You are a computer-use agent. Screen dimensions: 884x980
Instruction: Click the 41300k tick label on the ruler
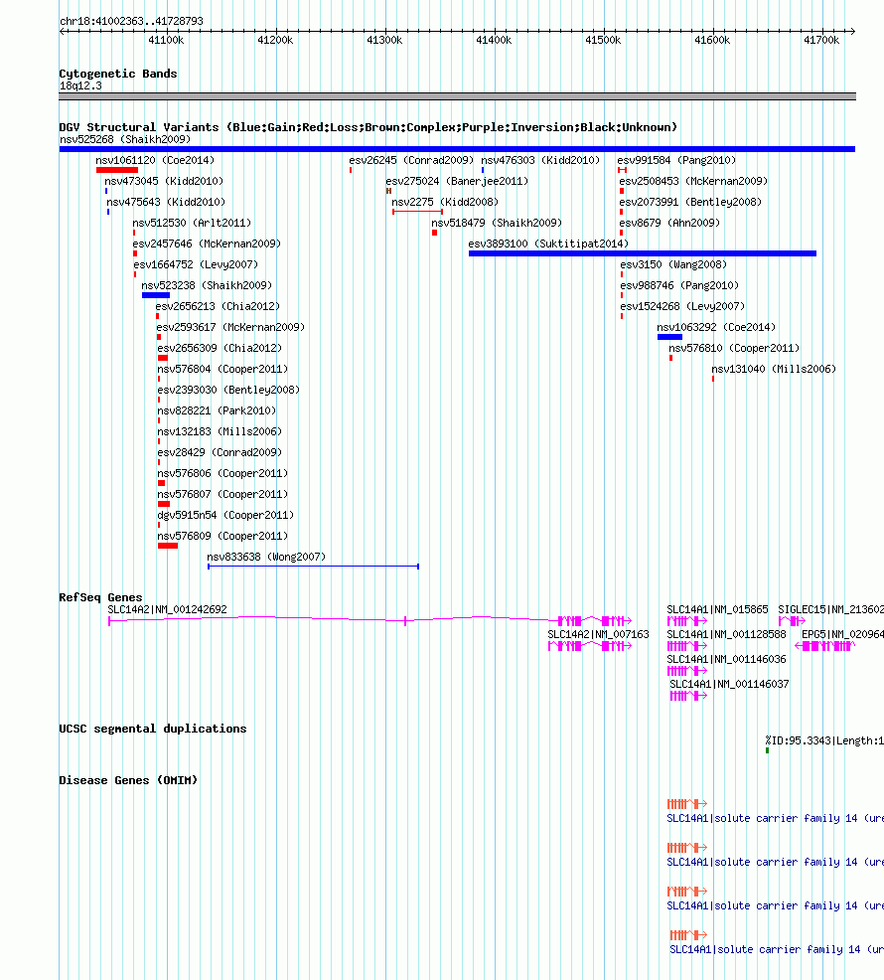(384, 41)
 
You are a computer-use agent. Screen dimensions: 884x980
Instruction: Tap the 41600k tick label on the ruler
(712, 41)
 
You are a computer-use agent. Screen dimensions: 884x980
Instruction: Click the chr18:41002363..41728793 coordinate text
(131, 21)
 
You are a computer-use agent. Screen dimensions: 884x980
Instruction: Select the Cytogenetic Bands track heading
(118, 74)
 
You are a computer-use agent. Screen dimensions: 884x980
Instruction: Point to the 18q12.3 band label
(80, 85)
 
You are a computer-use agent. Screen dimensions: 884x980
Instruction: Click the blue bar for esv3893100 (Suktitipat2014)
(643, 253)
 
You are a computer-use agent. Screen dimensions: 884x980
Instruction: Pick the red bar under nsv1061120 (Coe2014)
(117, 170)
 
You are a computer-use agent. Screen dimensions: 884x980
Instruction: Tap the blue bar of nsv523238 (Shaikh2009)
(156, 295)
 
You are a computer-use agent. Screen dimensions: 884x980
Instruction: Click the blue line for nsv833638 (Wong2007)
(313, 567)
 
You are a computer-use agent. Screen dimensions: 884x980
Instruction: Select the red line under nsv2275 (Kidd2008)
(417, 212)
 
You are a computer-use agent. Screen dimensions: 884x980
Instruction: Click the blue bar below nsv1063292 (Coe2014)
(669, 337)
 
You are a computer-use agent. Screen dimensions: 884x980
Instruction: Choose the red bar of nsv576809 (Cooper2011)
(168, 546)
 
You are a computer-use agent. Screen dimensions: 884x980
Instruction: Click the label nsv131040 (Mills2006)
(774, 369)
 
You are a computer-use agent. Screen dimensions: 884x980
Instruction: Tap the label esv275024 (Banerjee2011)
(457, 181)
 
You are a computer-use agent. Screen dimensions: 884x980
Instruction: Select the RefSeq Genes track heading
(100, 597)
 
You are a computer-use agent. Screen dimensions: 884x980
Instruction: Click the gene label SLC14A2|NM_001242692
(167, 609)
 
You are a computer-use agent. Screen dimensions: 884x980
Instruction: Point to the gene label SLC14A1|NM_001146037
(729, 684)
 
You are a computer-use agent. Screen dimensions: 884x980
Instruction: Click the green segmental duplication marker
(767, 750)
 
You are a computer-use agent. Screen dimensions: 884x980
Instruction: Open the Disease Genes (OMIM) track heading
(128, 780)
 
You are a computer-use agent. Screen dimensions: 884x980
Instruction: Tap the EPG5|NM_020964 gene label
(842, 634)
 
